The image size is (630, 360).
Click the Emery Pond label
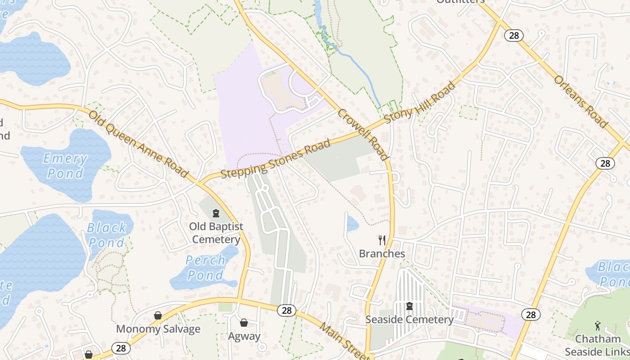(65, 166)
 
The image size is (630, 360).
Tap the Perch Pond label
(205, 267)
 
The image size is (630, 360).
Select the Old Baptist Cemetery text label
(216, 233)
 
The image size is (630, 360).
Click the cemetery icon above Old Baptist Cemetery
(216, 213)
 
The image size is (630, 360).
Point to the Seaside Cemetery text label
(409, 319)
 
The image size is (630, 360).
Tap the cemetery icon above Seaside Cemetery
(409, 306)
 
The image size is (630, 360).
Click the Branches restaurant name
(382, 254)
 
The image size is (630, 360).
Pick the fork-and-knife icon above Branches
(382, 240)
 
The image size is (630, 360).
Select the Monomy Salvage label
(158, 329)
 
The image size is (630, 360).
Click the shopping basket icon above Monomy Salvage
(158, 315)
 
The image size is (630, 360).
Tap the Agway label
(244, 336)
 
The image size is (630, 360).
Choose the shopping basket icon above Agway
(244, 323)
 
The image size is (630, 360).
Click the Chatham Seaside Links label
(598, 345)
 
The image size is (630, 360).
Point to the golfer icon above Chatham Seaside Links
(598, 325)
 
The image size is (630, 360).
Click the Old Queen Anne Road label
(138, 144)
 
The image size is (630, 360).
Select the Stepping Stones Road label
(275, 159)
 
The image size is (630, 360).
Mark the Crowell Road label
(363, 134)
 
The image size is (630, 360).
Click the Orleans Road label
(580, 102)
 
